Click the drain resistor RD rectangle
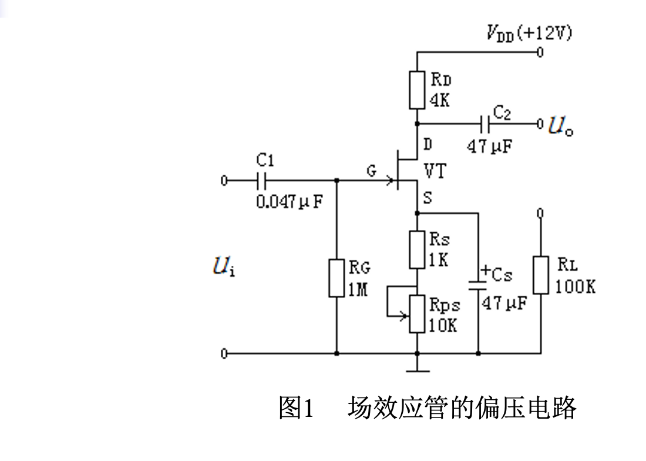[416, 90]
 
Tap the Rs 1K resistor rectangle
[416, 250]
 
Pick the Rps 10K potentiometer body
[416, 313]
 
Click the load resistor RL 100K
[540, 275]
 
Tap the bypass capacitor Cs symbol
[478, 285]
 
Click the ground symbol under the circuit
[417, 369]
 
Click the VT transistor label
[435, 172]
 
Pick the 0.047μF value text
[290, 202]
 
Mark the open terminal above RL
[540, 213]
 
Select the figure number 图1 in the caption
[297, 408]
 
